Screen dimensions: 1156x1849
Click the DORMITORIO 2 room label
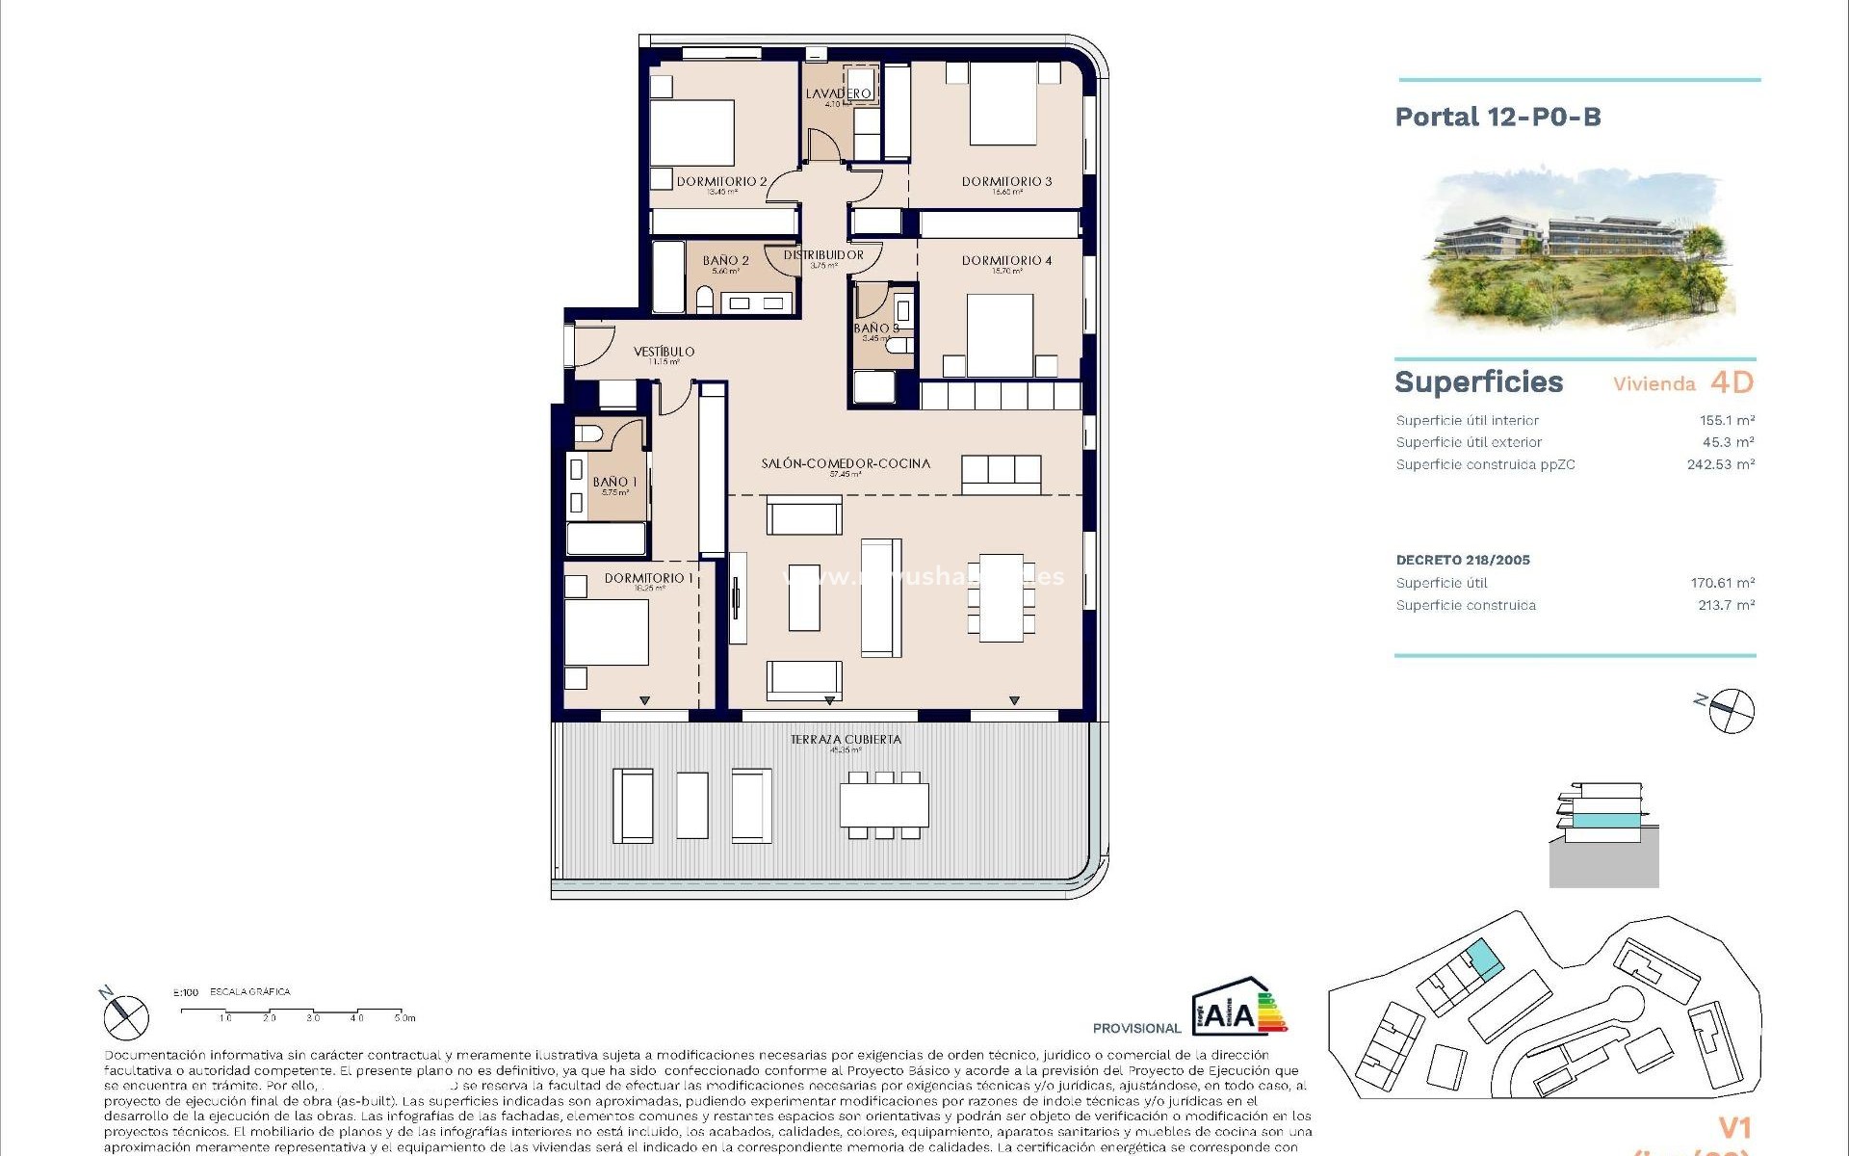721,181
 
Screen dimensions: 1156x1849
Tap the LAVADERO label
838,93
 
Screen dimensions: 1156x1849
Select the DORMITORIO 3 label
1006,181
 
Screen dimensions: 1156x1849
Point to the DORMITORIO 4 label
1006,260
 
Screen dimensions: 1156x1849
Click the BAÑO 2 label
725,260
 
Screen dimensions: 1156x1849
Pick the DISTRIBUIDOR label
823,255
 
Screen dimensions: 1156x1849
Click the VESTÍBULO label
664,352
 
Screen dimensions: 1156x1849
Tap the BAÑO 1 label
614,482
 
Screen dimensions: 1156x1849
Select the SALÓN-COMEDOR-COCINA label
846,463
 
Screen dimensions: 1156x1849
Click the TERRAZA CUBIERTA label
846,740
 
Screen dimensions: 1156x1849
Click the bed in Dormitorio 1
607,631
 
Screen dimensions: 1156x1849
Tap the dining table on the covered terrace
884,804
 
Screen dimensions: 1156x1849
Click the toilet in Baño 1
588,433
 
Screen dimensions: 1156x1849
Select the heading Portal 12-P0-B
1497,118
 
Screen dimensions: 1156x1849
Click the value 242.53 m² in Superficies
1720,464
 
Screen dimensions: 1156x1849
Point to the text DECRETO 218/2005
1463,560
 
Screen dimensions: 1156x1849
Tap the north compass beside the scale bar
126,1016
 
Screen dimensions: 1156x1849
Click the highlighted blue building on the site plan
1483,960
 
